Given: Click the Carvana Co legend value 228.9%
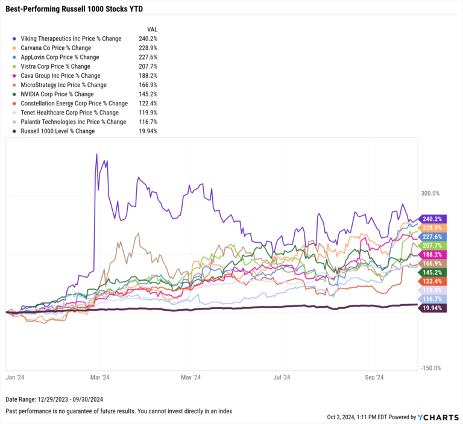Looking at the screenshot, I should coord(147,48).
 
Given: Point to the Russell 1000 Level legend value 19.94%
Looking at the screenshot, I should coord(147,131).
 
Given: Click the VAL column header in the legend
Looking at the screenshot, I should coord(153,29).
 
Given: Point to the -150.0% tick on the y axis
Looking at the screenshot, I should coord(432,369).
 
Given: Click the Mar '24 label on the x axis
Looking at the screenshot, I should coord(99,378).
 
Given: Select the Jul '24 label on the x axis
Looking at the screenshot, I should coord(283,378).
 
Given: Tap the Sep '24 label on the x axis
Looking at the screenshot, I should coord(375,378).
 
